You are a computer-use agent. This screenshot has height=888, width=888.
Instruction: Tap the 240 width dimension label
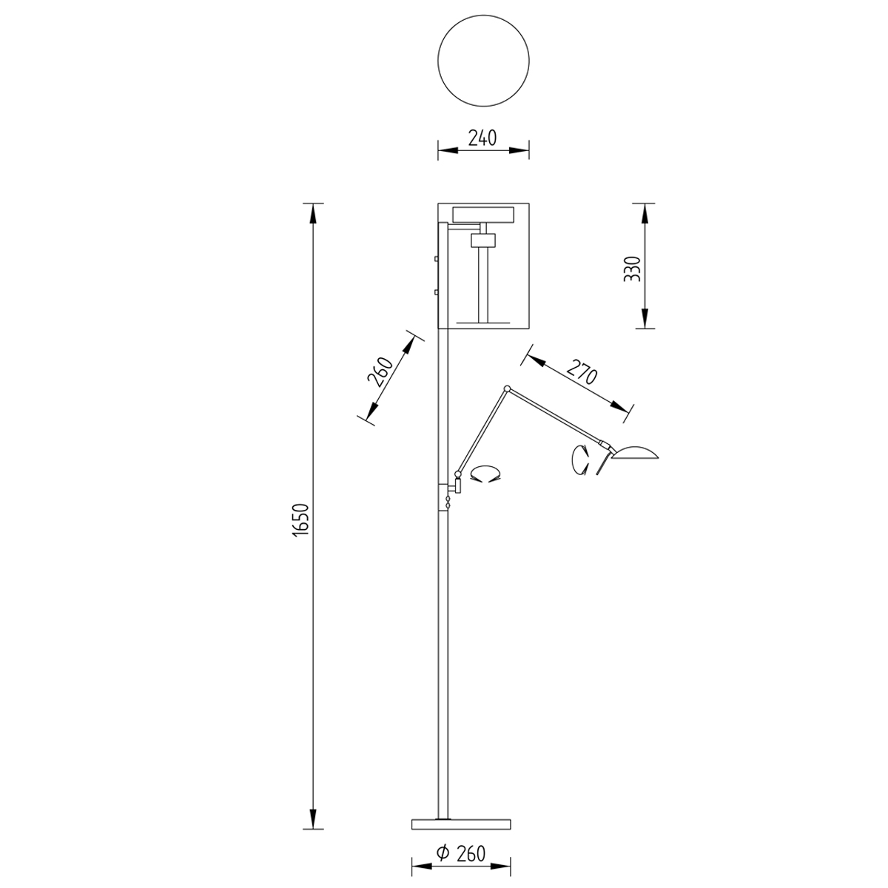[x=482, y=138]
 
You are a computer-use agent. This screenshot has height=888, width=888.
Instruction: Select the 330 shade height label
[x=632, y=269]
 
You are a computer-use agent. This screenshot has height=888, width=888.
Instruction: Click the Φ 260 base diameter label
[x=461, y=853]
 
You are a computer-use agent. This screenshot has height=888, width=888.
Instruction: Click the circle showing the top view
[x=483, y=61]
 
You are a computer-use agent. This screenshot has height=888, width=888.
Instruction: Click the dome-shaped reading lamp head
[x=635, y=453]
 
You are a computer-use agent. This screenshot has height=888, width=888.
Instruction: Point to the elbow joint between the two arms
[x=508, y=388]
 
